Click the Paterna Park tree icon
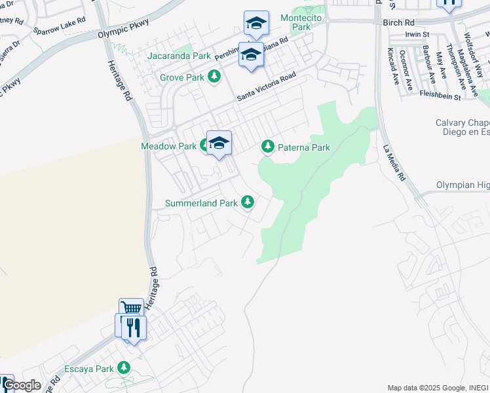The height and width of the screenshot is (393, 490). pyautogui.click(x=267, y=147)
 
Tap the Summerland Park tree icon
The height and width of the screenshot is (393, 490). pyautogui.click(x=248, y=203)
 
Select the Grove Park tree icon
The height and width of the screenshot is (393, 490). pyautogui.click(x=214, y=77)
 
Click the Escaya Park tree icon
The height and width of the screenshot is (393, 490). pyautogui.click(x=124, y=369)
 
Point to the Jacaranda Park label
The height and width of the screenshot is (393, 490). pyautogui.click(x=179, y=56)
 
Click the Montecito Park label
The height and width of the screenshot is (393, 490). pyautogui.click(x=301, y=22)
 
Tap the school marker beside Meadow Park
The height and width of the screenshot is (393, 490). pyautogui.click(x=218, y=143)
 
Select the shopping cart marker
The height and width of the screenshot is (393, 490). pyautogui.click(x=131, y=309)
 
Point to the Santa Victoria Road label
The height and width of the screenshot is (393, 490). pyautogui.click(x=266, y=86)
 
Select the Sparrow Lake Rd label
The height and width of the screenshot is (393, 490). pyautogui.click(x=60, y=26)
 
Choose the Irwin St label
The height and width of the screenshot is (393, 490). pyautogui.click(x=417, y=34)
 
